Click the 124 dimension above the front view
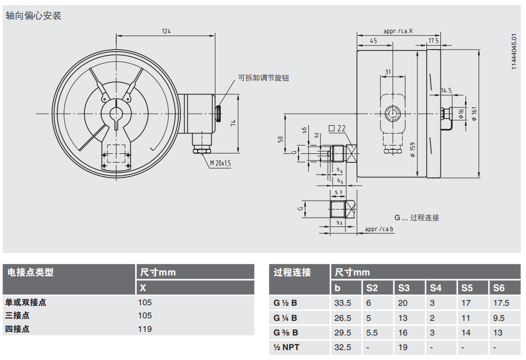pos(166,31)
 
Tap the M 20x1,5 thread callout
pos(220,163)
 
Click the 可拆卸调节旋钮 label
pos(264,78)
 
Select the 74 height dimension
pos(234,123)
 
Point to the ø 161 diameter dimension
pos(475,114)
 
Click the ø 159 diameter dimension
pos(412,150)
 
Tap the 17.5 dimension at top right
pos(434,40)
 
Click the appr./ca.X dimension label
pos(398,31)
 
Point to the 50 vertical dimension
pos(280,139)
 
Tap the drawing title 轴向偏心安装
pos(33,16)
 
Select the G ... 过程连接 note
pos(416,218)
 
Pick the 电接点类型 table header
pos(30,272)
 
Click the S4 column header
pos(435,287)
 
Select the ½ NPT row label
pos(288,347)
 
